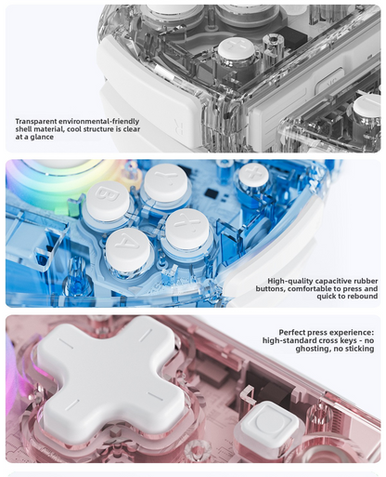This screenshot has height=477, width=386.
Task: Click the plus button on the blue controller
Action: click(253, 175)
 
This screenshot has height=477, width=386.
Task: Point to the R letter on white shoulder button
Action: click(180, 126)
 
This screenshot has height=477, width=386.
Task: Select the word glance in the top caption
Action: click(43, 137)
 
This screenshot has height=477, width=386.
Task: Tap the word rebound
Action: click(363, 296)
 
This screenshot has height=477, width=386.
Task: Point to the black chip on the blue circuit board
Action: click(212, 194)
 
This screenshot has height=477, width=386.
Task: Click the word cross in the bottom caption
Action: click(325, 340)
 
